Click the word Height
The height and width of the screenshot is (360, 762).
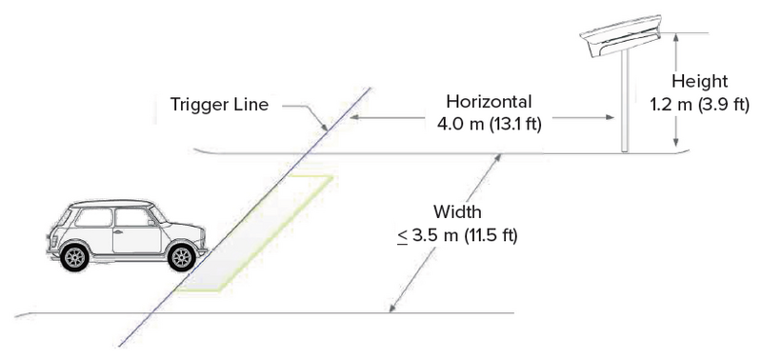point(700,81)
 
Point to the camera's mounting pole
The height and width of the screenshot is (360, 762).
point(626,105)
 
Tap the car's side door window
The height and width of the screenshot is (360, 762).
point(130,217)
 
